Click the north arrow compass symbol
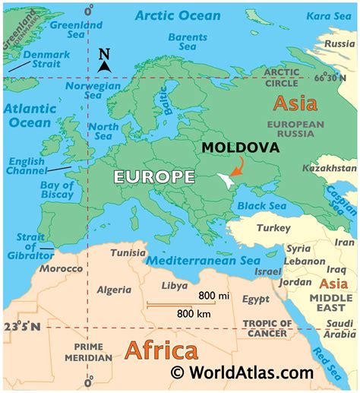click(x=105, y=61)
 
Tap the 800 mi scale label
click(x=213, y=295)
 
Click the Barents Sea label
click(x=187, y=41)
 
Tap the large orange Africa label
click(x=160, y=350)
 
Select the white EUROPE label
click(x=153, y=176)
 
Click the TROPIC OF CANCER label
click(x=266, y=328)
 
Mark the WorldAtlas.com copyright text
click(x=242, y=372)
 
